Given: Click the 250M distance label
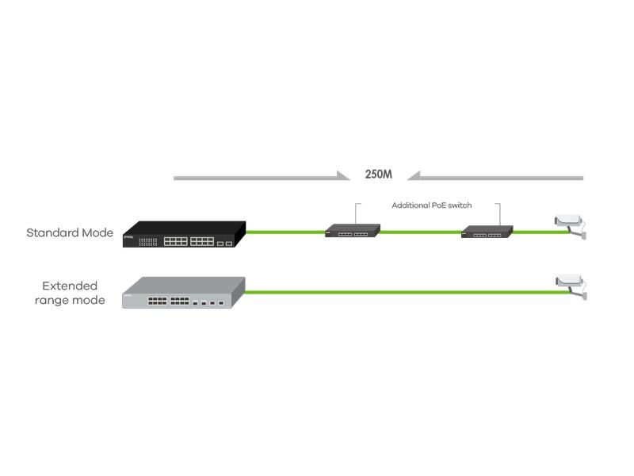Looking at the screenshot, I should click(378, 175).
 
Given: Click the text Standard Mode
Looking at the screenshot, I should click(70, 233).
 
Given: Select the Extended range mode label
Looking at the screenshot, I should click(70, 293).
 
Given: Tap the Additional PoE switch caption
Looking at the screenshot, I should click(431, 205).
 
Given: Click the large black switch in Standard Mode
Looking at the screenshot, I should click(184, 235).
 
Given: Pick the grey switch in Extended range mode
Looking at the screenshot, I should click(183, 293).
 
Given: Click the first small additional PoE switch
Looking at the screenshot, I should click(352, 231).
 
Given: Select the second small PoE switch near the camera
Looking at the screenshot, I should click(487, 232).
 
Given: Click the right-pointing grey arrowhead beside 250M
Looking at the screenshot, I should click(343, 177).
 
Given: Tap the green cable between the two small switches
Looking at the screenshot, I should click(420, 232).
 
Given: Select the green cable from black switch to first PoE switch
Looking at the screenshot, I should click(285, 232).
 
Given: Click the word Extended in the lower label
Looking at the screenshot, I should click(70, 286).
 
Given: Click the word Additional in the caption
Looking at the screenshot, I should click(410, 205).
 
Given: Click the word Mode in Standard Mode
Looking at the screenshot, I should click(98, 233).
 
